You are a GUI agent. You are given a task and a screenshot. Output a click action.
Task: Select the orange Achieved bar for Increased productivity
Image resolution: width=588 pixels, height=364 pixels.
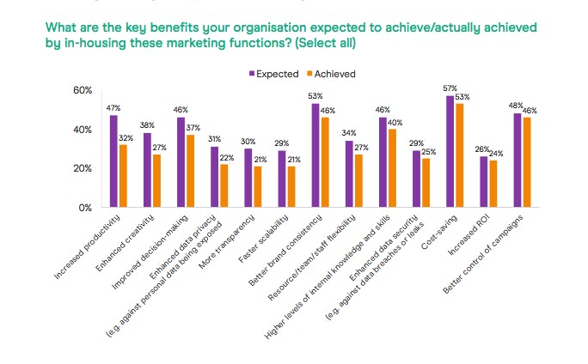(x=123, y=176)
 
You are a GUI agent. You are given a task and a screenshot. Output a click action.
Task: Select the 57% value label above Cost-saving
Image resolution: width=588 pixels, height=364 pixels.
(x=450, y=88)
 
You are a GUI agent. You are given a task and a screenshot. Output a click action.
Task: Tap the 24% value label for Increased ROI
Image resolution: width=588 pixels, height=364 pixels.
(x=495, y=154)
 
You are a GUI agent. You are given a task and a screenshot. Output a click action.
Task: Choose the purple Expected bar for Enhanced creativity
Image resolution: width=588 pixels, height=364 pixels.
(x=147, y=170)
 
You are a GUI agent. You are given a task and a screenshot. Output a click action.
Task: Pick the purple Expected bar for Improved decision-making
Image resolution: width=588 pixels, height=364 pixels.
(x=181, y=162)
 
